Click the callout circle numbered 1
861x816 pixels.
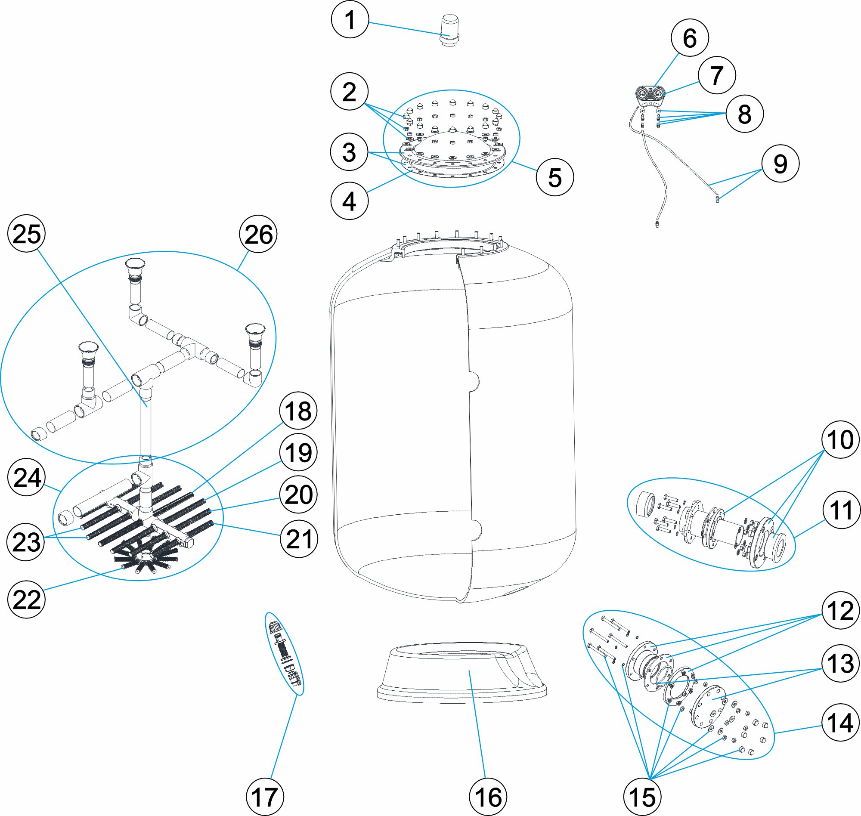[350, 20]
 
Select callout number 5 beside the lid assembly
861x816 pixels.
[555, 177]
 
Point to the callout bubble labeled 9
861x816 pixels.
[780, 164]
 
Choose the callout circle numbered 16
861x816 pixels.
[488, 797]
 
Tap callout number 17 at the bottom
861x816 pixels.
[265, 797]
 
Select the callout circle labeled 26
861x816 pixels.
[258, 234]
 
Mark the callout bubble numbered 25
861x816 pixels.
[27, 234]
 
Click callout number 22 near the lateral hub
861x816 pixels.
[27, 600]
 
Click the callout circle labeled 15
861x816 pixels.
[642, 797]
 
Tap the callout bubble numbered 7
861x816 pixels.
[716, 75]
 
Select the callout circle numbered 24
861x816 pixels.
[27, 478]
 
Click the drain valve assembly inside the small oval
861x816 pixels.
[285, 652]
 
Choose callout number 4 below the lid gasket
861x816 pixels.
[350, 201]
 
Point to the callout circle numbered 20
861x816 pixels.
[298, 495]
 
